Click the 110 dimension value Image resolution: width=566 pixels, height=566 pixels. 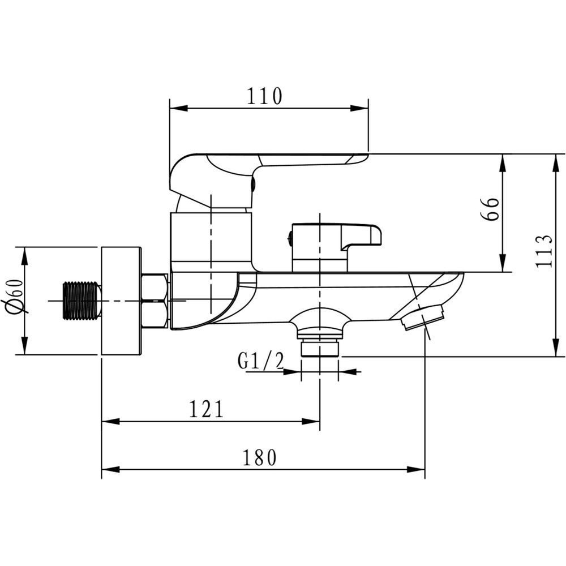point(264,96)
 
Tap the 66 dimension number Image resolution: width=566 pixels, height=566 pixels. point(490,209)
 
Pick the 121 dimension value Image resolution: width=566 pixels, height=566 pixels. point(207,409)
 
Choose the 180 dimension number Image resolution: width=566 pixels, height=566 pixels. point(259,457)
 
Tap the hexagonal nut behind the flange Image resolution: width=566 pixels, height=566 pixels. point(155,301)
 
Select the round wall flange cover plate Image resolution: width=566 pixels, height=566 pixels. point(121,301)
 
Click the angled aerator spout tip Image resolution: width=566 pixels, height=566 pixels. point(422,316)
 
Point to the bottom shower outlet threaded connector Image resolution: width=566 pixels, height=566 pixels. point(320,347)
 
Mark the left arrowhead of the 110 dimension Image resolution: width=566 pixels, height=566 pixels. point(179,108)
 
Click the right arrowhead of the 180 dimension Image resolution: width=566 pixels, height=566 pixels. point(416,470)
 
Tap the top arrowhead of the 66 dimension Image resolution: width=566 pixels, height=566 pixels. point(502,163)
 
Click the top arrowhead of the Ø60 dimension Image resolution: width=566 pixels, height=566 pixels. point(24,256)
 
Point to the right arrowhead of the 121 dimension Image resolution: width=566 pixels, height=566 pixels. point(310,421)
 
